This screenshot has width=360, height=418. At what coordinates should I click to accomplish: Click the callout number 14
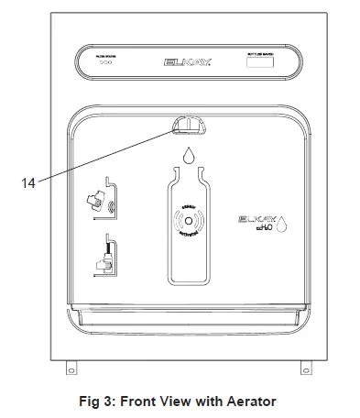point(27,182)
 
